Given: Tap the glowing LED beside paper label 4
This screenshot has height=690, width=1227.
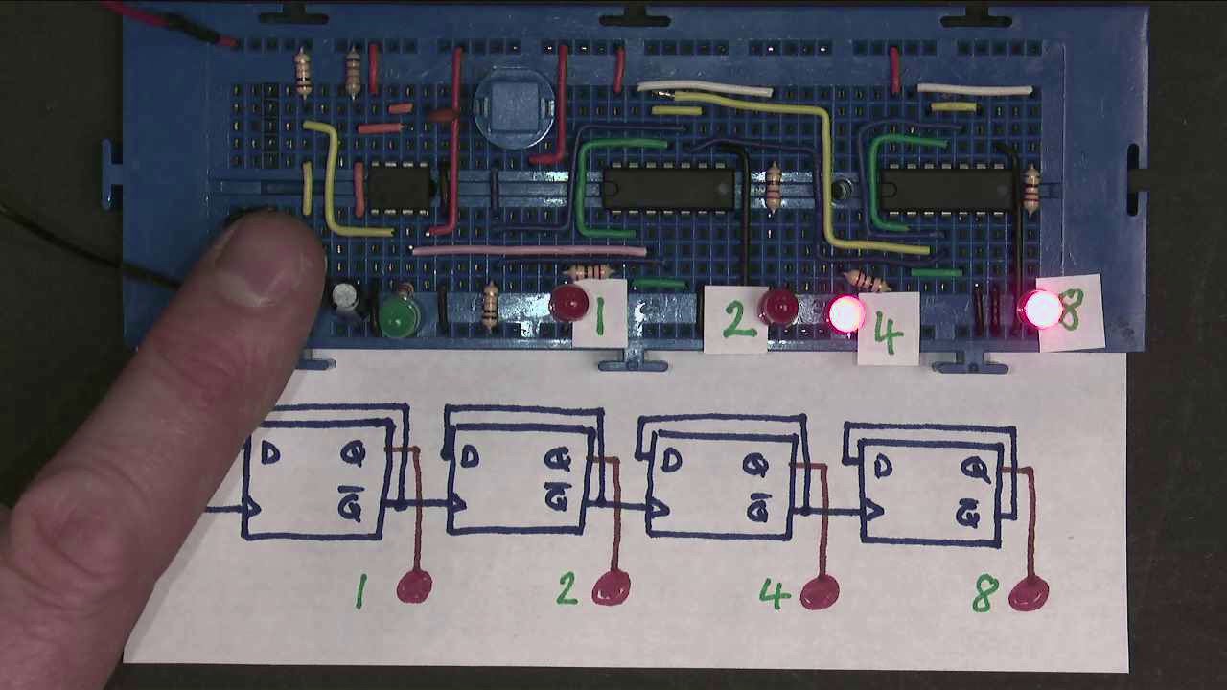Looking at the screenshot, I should (845, 314).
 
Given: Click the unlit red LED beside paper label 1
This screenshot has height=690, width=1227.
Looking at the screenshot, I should (569, 305).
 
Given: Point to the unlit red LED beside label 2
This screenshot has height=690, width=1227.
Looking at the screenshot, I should (778, 308).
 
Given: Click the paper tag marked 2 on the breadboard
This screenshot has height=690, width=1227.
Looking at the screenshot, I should (736, 320).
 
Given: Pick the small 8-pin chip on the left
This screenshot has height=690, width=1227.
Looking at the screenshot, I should (399, 186).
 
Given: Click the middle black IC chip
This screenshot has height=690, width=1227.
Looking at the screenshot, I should (668, 188).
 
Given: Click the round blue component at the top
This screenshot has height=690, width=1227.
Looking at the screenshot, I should (515, 106).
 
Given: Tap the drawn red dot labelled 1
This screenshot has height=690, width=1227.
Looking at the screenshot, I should (414, 586).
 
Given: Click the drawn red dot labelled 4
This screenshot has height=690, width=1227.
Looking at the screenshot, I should (818, 591).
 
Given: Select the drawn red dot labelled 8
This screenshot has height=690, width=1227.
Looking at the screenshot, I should (1028, 594).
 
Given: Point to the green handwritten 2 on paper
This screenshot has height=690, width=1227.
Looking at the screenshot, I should (567, 588).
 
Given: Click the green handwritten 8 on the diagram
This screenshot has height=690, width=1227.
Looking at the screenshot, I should (984, 594).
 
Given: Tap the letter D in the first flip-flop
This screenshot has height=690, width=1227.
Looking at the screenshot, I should (270, 454).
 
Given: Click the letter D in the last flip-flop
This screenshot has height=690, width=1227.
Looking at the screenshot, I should (882, 467).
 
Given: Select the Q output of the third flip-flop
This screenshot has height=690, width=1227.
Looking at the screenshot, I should (756, 467).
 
